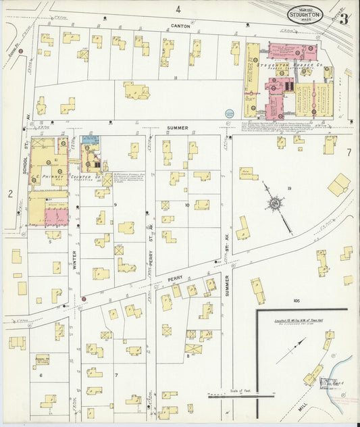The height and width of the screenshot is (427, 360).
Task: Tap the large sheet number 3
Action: [x=343, y=18]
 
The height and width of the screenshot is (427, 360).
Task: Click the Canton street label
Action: [x=180, y=26]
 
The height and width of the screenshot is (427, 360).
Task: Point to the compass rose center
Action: [x=275, y=203]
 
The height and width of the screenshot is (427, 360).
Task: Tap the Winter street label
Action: [x=74, y=259]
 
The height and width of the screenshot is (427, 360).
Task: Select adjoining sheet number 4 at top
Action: [x=179, y=9]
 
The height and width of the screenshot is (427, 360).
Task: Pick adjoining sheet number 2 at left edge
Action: [x=10, y=194]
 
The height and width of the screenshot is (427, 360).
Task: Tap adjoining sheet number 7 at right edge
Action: [x=349, y=151]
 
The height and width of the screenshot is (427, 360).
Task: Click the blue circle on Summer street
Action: [x=229, y=113]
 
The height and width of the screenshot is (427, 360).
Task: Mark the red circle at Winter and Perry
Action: [x=84, y=298]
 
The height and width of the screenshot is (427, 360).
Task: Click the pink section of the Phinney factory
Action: [x=57, y=216]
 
